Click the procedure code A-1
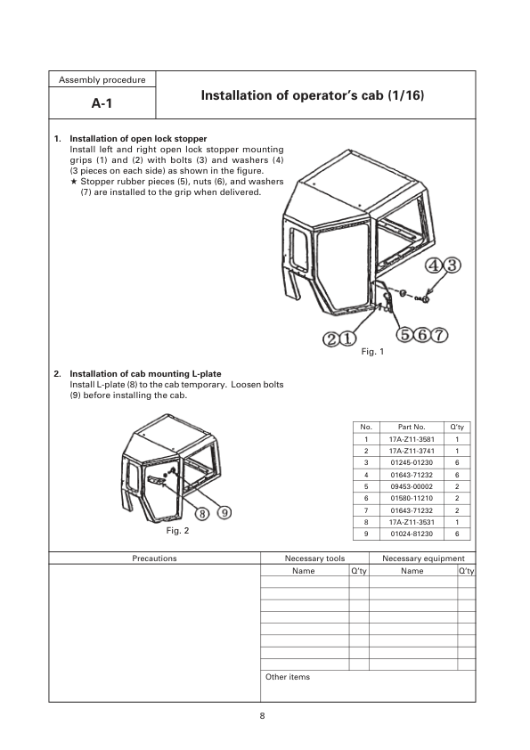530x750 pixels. coord(104,103)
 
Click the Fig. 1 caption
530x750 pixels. coord(372,353)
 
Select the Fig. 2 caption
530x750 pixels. coord(178,531)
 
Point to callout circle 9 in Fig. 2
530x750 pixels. coord(224,513)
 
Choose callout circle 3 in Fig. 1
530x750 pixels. coord(453,265)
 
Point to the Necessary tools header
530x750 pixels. coord(314,558)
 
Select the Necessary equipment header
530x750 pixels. coord(422,558)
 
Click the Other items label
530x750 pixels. coord(288,677)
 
